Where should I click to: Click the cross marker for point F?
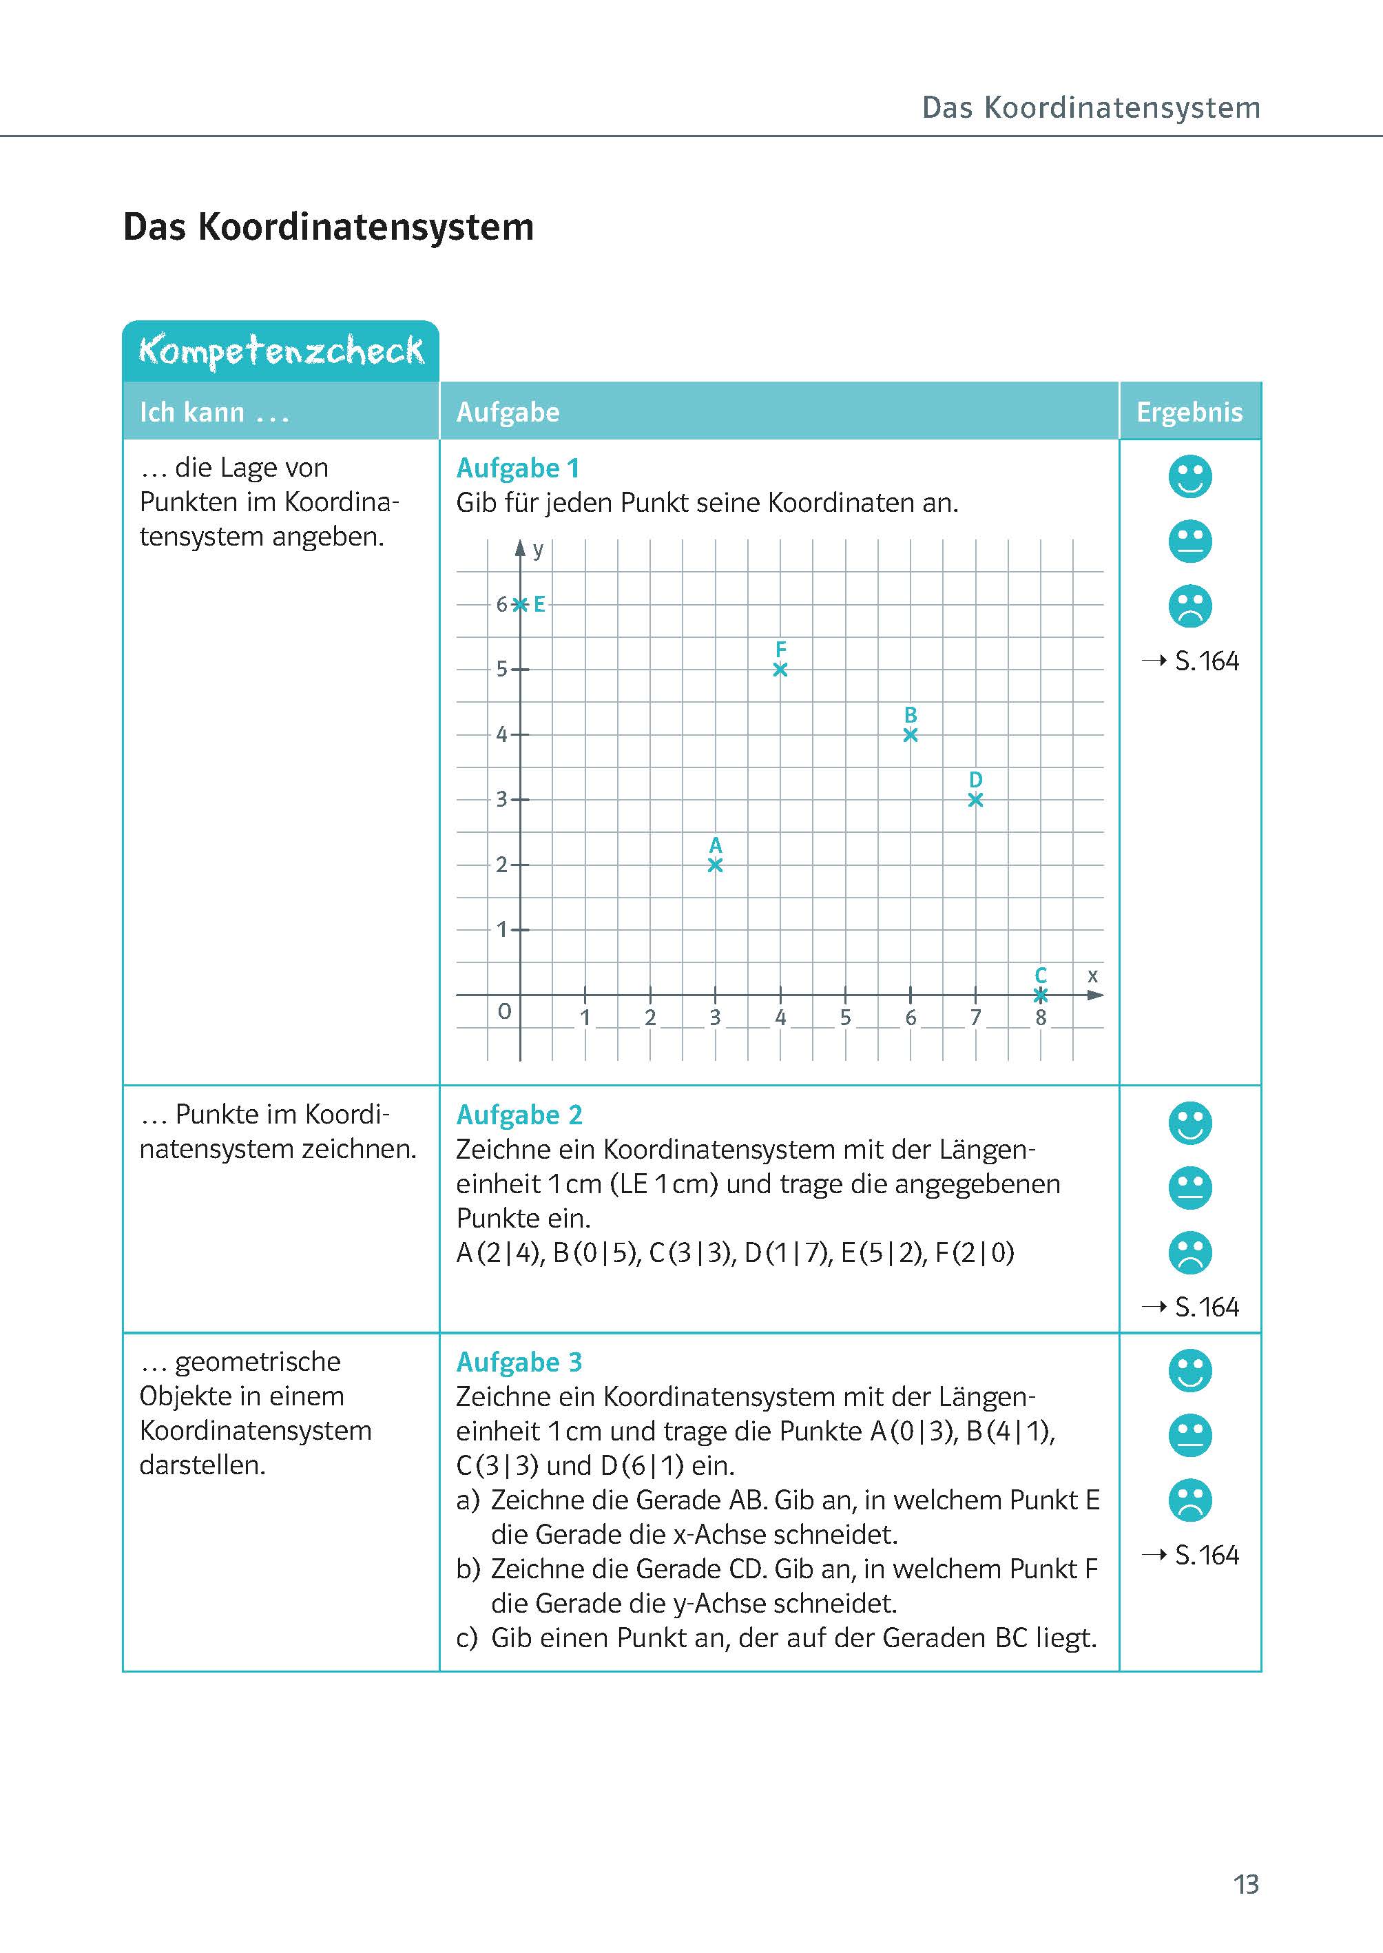[x=780, y=670]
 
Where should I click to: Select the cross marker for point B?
[x=911, y=734]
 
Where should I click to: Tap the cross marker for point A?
[x=716, y=865]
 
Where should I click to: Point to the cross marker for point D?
[x=976, y=800]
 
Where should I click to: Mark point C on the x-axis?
[x=1041, y=994]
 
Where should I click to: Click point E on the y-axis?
[x=520, y=605]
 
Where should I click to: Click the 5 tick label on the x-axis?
[x=846, y=1017]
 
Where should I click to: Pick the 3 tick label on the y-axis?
[x=501, y=799]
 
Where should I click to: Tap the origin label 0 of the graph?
[x=504, y=1011]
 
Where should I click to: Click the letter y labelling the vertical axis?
[x=538, y=550]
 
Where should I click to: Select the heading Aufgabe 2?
[x=519, y=1114]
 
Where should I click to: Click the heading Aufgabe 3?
[x=519, y=1362]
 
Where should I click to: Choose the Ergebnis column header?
[x=1189, y=412]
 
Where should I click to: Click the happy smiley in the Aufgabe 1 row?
[x=1189, y=476]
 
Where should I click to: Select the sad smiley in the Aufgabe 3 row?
[x=1189, y=1500]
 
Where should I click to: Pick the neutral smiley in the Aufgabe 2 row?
[x=1189, y=1188]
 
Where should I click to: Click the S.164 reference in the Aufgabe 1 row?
[x=1206, y=661]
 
